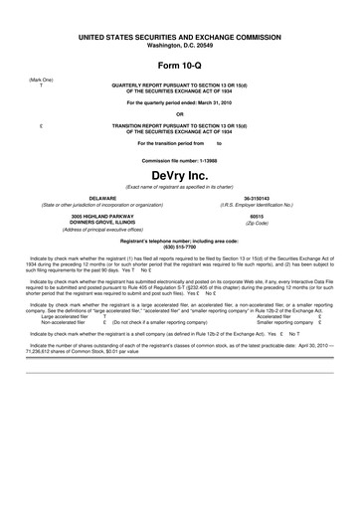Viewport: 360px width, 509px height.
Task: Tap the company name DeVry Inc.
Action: pos(180,176)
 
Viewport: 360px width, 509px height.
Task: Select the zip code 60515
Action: pos(257,216)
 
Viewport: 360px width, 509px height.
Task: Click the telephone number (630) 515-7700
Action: pos(180,247)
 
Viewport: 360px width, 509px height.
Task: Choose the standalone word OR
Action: pos(180,113)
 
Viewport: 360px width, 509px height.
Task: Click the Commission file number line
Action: pos(180,160)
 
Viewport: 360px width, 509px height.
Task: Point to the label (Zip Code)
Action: pos(257,224)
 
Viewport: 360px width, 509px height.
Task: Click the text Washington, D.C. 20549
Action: pos(180,46)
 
